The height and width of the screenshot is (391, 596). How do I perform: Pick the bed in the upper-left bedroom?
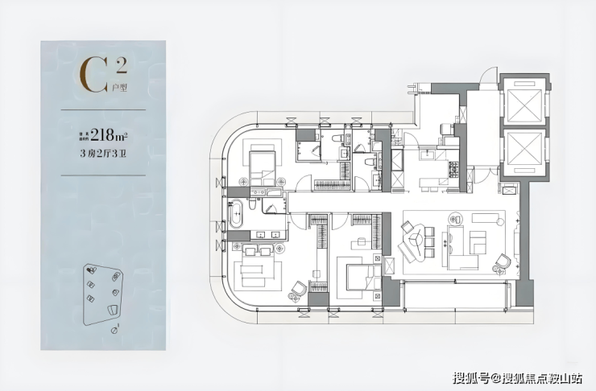click(261, 167)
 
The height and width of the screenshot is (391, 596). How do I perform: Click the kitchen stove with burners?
click(453, 169)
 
